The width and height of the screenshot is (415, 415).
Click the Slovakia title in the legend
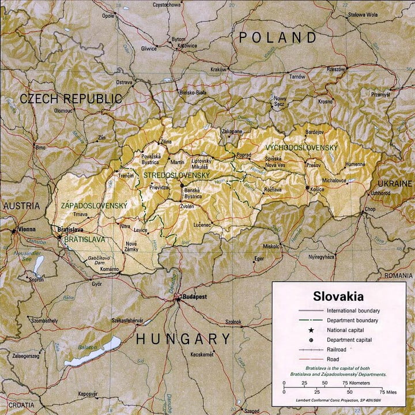tap(338, 297)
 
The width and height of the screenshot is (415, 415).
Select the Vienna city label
tap(27, 229)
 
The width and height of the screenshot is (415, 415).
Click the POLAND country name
tap(278, 38)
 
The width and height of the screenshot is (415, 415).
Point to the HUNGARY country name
tap(183, 339)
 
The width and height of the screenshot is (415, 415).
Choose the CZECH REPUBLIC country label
tap(71, 99)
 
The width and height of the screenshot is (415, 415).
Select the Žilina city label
tap(166, 141)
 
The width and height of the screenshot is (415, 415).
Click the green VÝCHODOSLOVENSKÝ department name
tap(301, 148)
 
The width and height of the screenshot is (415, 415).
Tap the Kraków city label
tap(218, 69)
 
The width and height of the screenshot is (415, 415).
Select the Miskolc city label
tap(271, 246)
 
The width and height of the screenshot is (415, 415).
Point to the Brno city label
tap(40, 148)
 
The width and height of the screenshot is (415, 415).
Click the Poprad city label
tap(243, 156)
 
